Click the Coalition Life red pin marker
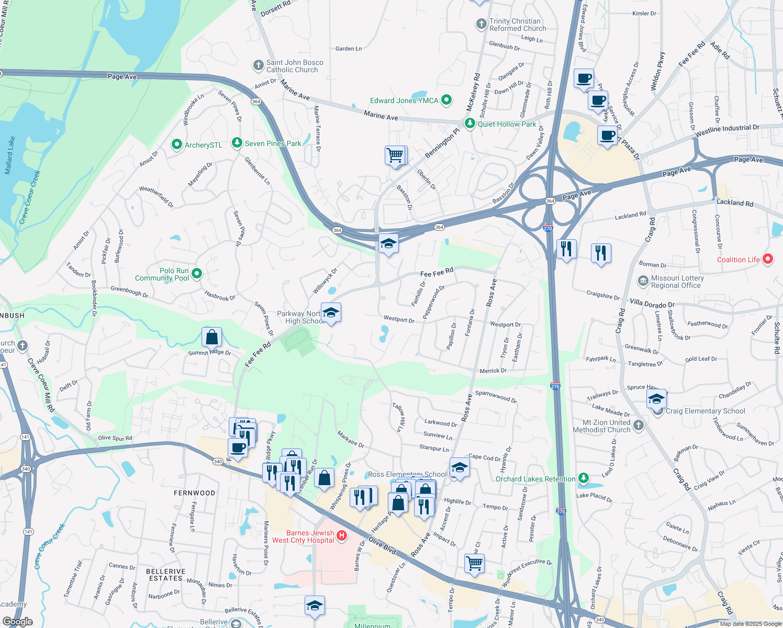click(x=768, y=259)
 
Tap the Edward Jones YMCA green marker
click(x=446, y=100)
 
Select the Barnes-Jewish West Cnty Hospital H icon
click(x=342, y=535)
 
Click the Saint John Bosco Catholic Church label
click(x=294, y=66)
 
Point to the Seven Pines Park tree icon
click(x=237, y=143)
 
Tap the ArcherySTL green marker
click(x=177, y=145)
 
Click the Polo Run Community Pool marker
click(x=197, y=273)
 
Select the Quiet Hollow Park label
click(x=507, y=124)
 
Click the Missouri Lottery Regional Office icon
click(x=643, y=281)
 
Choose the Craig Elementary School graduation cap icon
click(x=656, y=399)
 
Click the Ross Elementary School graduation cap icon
click(x=459, y=467)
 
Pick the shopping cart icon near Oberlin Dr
click(x=395, y=155)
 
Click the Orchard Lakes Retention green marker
click(x=584, y=478)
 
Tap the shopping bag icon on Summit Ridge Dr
click(x=211, y=337)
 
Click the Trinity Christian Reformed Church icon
click(x=481, y=24)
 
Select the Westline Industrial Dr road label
click(x=727, y=131)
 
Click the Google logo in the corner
click(x=17, y=622)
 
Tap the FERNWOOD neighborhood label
click(x=194, y=493)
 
